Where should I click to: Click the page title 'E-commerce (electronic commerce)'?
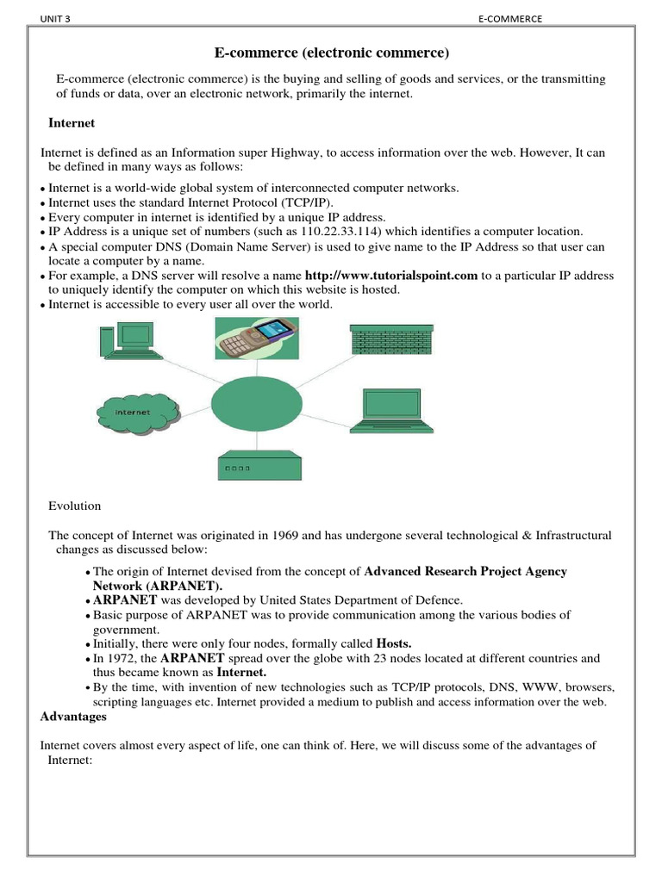332,53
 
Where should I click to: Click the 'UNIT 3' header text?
56,20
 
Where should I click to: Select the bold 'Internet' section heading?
72,123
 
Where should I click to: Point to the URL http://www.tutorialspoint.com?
391,276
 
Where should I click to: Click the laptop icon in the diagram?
393,410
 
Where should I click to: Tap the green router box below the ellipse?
258,467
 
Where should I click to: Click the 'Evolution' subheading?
74,506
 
